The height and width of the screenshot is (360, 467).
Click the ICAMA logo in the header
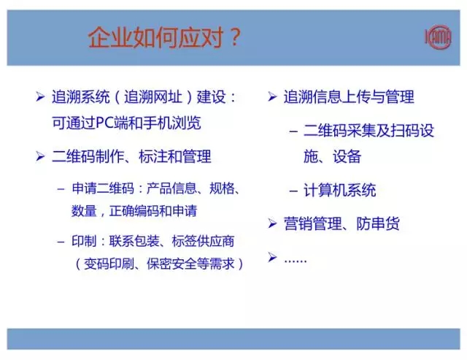point(438,37)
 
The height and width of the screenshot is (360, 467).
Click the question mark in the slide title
point(234,37)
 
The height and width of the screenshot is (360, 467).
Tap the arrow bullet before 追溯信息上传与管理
point(271,97)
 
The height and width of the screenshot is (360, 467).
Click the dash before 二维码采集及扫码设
point(293,131)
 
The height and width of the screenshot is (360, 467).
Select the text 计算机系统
point(340,191)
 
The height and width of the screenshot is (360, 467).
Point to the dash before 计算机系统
point(293,191)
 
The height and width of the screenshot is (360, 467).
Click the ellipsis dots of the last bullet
point(296,259)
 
